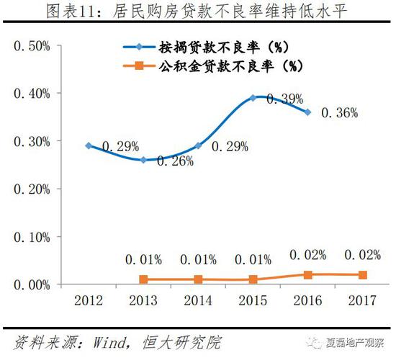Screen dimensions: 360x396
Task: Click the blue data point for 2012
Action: [x=89, y=145]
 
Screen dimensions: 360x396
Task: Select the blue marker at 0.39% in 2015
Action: [x=253, y=97]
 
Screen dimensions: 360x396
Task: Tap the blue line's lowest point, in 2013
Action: [x=143, y=160]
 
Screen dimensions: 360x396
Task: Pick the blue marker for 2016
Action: [x=308, y=112]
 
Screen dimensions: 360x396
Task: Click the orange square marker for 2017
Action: [x=363, y=275]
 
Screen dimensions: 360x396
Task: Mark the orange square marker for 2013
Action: [x=143, y=279]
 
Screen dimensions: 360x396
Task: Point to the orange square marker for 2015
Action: [x=253, y=279]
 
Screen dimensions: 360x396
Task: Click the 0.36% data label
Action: [x=339, y=113]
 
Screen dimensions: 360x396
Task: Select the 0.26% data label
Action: [x=176, y=161]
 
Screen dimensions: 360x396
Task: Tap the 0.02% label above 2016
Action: [x=307, y=254]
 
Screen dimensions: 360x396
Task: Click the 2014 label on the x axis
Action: [x=198, y=300]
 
